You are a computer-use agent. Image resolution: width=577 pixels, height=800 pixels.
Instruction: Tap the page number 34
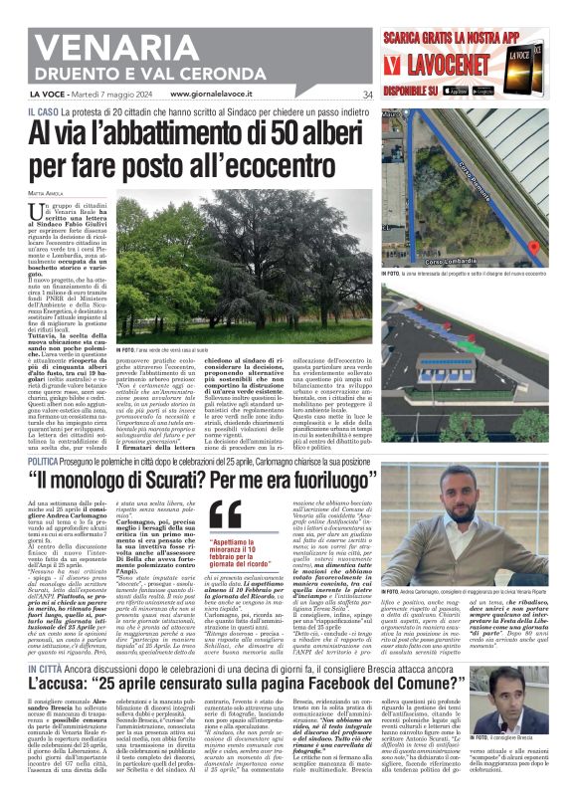coord(367,96)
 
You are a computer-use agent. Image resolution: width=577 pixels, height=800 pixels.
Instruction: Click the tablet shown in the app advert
coord(546,62)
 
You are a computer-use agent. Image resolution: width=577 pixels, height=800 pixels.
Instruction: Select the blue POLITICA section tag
coord(50,464)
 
